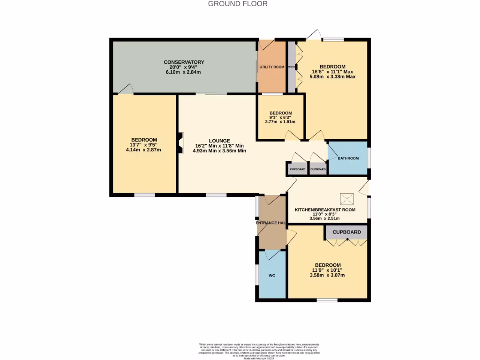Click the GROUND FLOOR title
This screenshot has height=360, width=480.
pyautogui.click(x=238, y=4)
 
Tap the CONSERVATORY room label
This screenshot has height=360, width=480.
pyautogui.click(x=184, y=62)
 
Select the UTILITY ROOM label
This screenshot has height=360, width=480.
pyautogui.click(x=272, y=67)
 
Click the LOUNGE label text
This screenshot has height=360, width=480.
pyautogui.click(x=219, y=141)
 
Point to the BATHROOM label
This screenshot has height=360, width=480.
pyautogui.click(x=348, y=158)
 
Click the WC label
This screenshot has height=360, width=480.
pyautogui.click(x=271, y=275)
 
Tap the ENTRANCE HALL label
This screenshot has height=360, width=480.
pyautogui.click(x=271, y=223)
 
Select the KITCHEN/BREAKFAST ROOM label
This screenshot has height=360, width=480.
pyautogui.click(x=325, y=210)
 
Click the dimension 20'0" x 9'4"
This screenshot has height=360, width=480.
pyautogui.click(x=184, y=67)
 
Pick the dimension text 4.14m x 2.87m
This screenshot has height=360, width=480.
pyautogui.click(x=143, y=150)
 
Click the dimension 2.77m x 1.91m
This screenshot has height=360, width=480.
pyautogui.click(x=280, y=122)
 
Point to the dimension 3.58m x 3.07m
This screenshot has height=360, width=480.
pyautogui.click(x=327, y=275)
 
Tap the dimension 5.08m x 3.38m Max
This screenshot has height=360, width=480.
pyautogui.click(x=332, y=77)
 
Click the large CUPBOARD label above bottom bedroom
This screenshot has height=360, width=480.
pyautogui.click(x=347, y=232)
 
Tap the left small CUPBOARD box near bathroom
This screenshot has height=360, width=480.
pyautogui.click(x=297, y=169)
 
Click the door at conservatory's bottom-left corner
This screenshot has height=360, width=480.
pyautogui.click(x=126, y=90)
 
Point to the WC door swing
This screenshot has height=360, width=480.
pyautogui.click(x=271, y=255)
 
